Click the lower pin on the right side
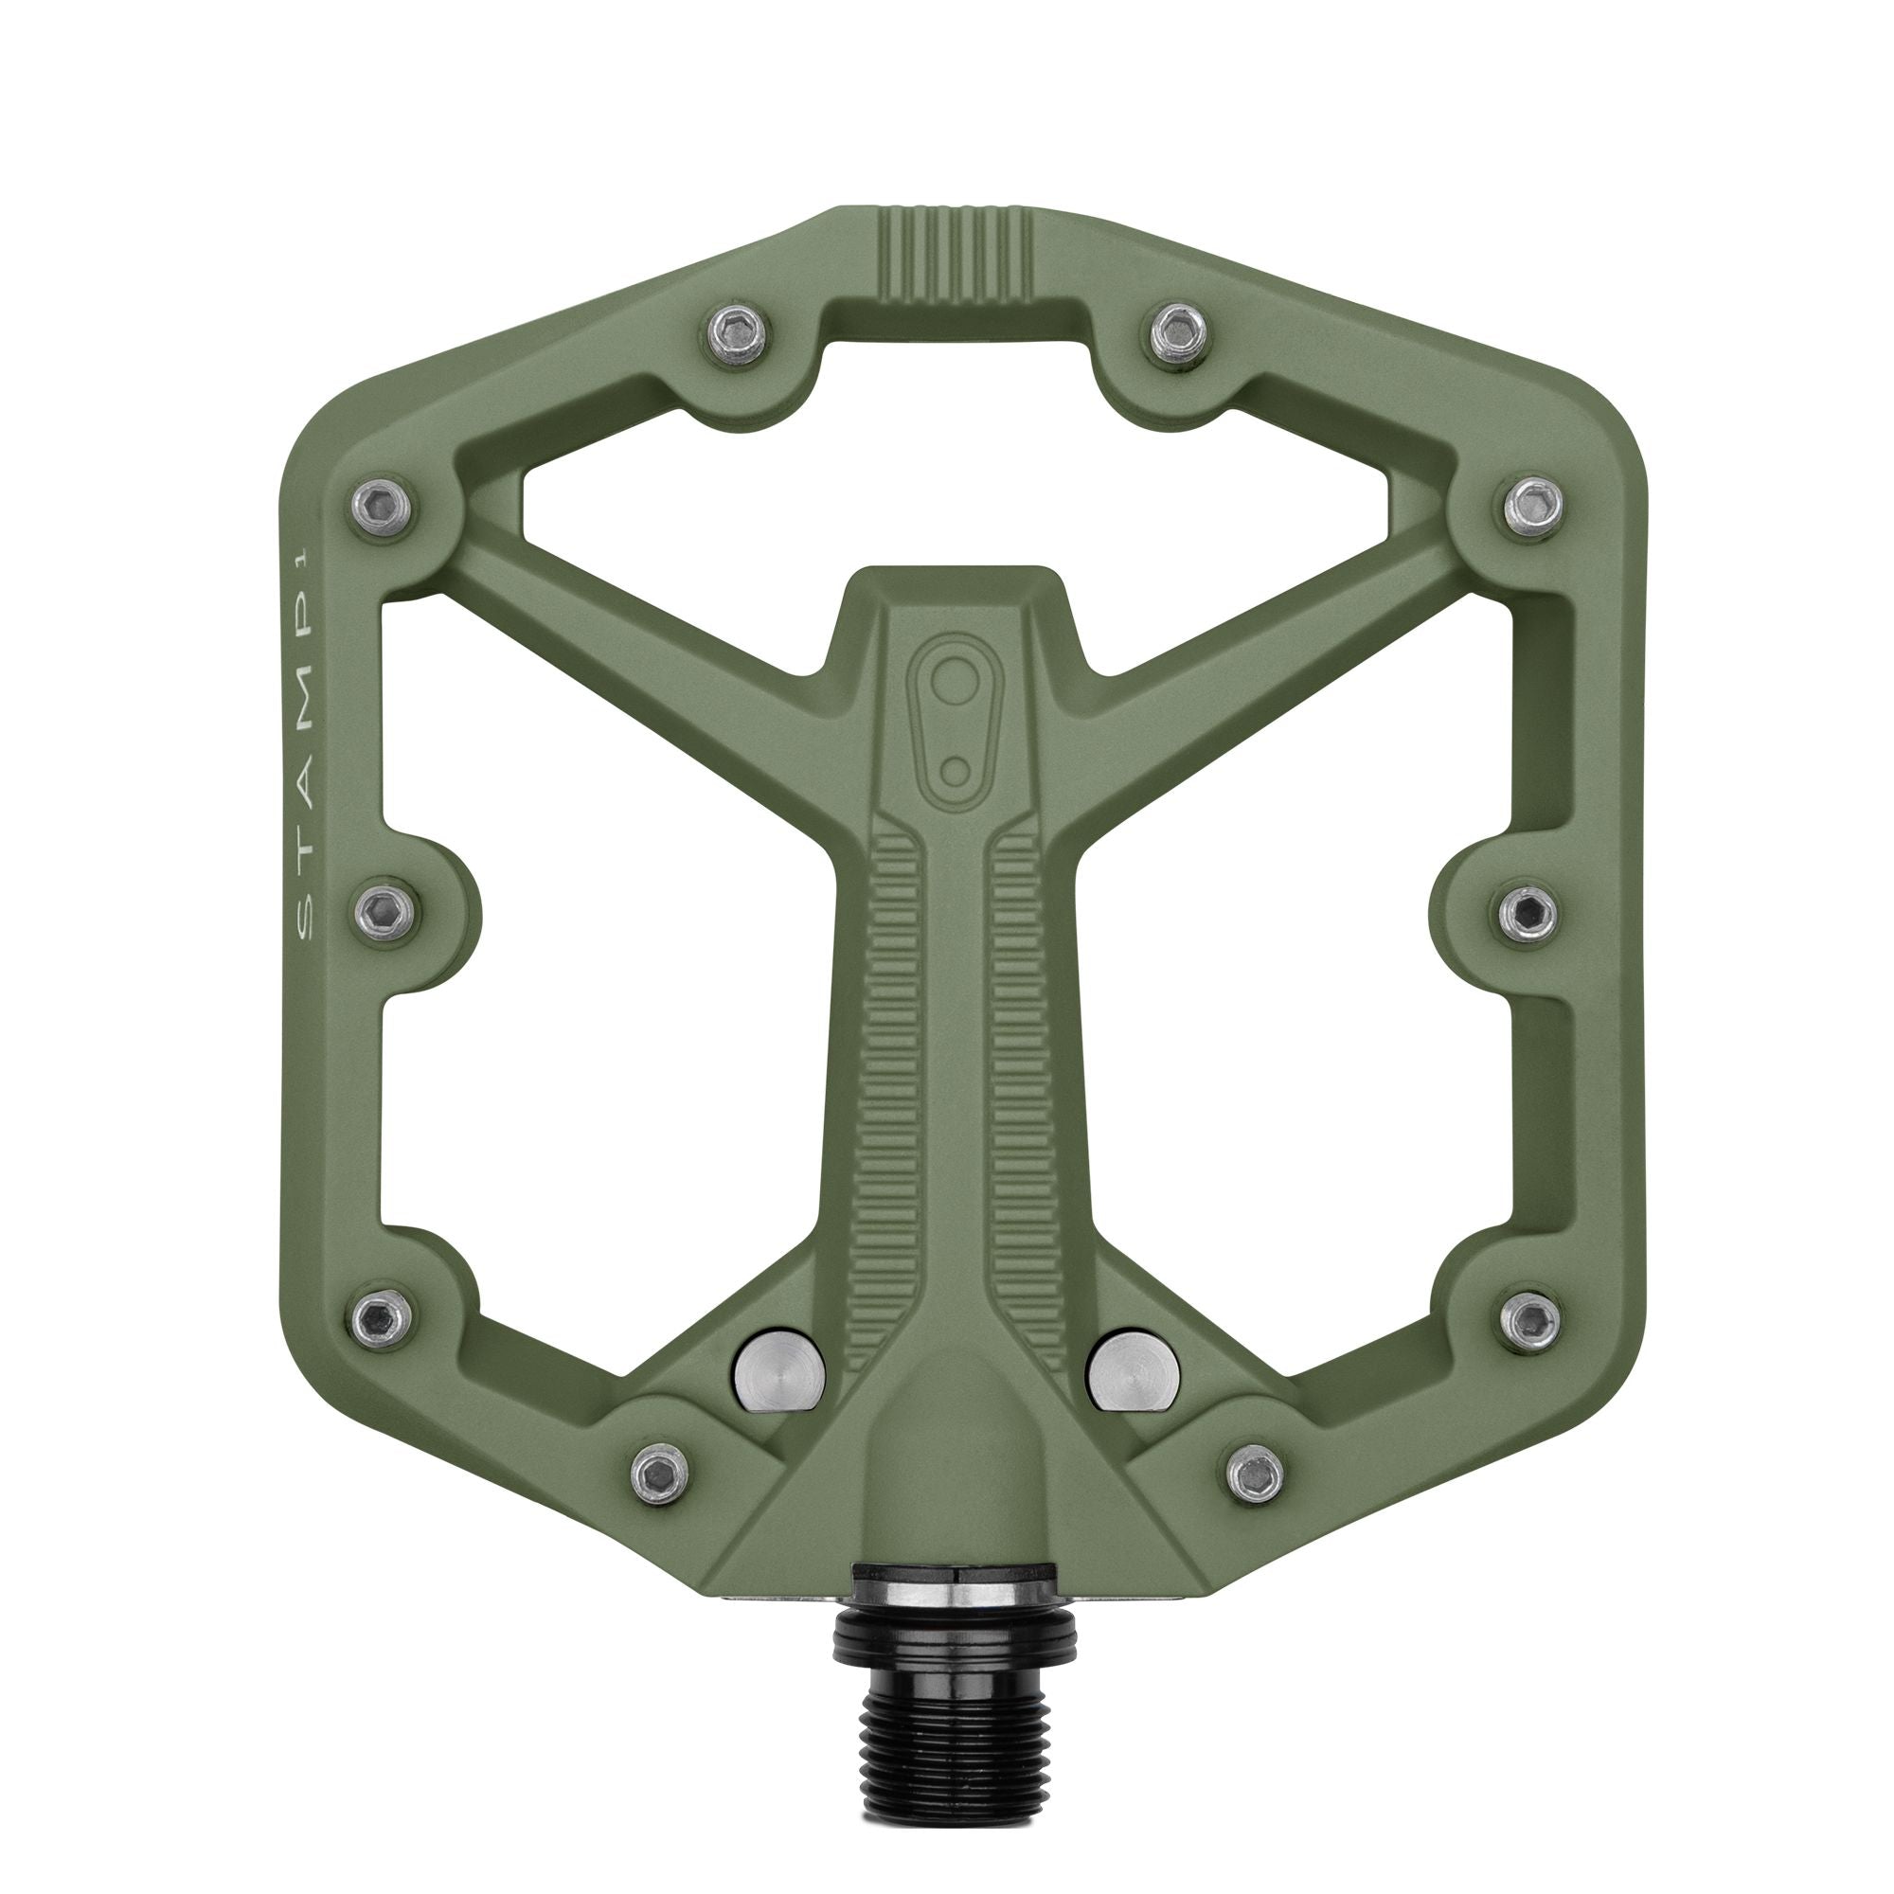1527,1317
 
